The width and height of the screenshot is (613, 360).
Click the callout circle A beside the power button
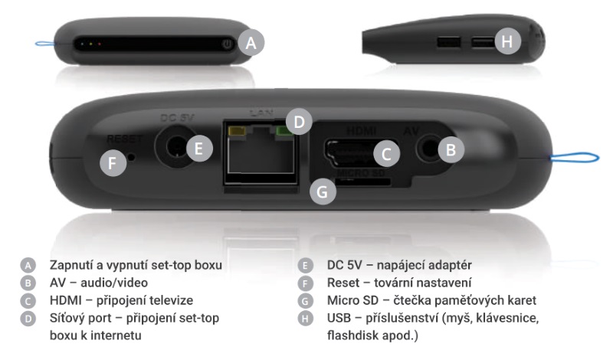click(x=251, y=43)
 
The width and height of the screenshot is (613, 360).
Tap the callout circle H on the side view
click(x=507, y=41)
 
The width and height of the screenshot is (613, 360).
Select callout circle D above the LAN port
click(x=299, y=122)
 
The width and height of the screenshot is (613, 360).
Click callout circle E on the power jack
click(x=199, y=149)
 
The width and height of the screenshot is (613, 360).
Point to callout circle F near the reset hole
click(x=113, y=163)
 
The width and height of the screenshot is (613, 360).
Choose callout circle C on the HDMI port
click(x=386, y=154)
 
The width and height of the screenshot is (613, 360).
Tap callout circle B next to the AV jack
click(x=451, y=149)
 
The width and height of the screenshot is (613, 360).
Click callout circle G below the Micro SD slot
click(x=323, y=191)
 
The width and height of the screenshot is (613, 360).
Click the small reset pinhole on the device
click(x=131, y=157)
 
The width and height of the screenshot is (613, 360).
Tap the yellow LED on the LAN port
click(x=237, y=131)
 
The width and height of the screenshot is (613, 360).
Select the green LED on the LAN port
click(x=284, y=131)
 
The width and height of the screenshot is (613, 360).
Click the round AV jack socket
click(x=428, y=149)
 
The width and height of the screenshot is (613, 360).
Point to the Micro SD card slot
click(x=363, y=181)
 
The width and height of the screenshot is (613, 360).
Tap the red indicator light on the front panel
click(x=100, y=44)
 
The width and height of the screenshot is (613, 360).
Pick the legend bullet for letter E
click(x=305, y=266)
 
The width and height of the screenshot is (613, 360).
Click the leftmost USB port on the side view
click(x=448, y=42)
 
